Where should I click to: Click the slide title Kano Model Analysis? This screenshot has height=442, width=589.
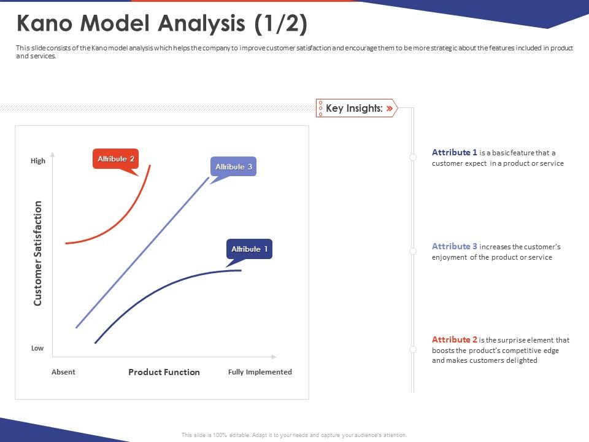click(162, 25)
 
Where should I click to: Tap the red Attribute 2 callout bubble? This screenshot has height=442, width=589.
click(115, 159)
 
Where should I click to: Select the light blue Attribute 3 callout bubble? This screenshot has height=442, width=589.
click(233, 167)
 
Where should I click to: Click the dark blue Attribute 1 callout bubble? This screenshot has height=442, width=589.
click(249, 249)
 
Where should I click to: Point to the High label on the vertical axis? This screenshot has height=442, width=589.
click(38, 161)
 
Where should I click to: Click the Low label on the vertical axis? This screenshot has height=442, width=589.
click(37, 348)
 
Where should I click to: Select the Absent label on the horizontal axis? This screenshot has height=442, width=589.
click(63, 372)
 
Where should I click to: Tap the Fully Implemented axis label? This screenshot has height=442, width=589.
click(260, 372)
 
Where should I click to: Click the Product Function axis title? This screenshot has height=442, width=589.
click(164, 372)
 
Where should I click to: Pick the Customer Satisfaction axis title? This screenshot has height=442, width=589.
click(38, 253)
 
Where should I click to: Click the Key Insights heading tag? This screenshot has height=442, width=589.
click(355, 108)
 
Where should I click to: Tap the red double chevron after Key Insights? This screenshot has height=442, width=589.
click(389, 108)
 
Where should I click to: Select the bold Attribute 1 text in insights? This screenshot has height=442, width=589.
click(455, 152)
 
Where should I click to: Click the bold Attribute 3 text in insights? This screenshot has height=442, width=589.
click(455, 246)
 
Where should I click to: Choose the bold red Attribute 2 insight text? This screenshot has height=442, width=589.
click(455, 339)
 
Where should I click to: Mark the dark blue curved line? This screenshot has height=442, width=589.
click(166, 289)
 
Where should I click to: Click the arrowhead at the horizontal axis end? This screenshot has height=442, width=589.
click(274, 357)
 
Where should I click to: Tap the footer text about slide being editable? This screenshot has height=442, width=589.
click(294, 435)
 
